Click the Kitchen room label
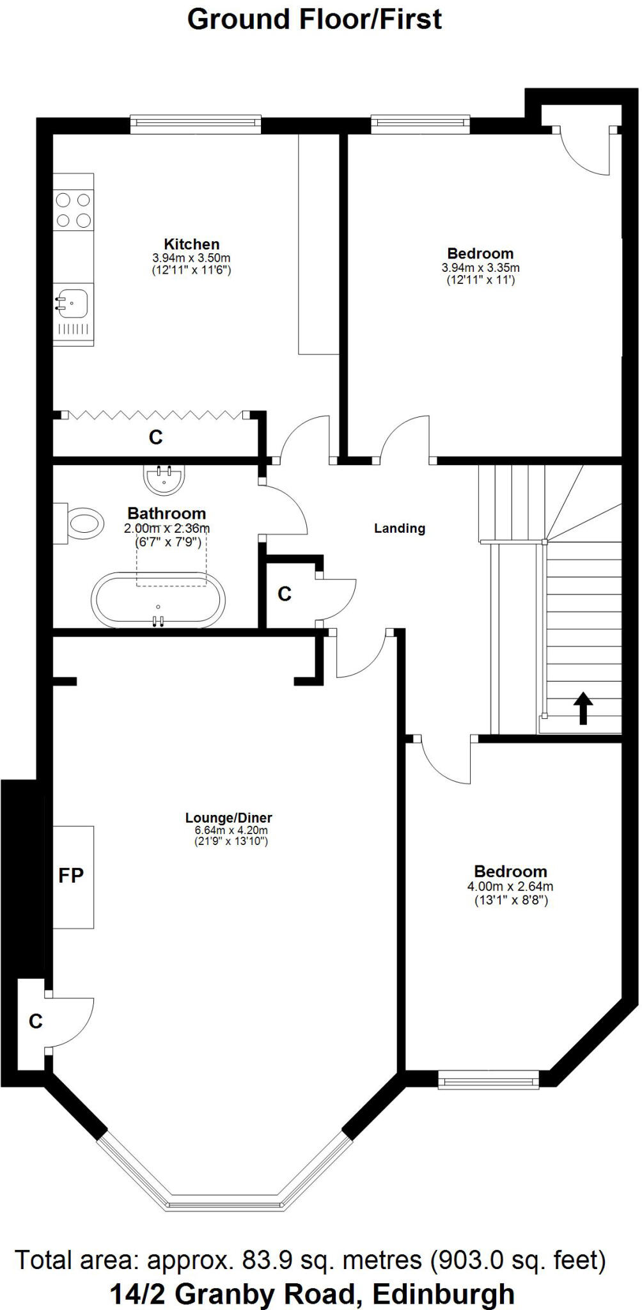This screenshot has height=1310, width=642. (x=192, y=244)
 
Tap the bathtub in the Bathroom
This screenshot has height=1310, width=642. (x=159, y=598)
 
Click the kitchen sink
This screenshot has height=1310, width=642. (x=72, y=300)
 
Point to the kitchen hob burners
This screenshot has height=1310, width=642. (x=73, y=210)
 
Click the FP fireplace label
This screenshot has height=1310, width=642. (x=71, y=876)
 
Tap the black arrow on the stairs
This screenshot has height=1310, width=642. (x=583, y=709)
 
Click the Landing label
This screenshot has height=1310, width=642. (x=400, y=528)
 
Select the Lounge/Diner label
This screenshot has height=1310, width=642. (x=229, y=817)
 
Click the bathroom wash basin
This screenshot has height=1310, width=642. (x=164, y=478)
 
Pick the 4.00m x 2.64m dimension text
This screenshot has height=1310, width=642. (x=510, y=887)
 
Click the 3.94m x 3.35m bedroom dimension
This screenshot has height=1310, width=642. (x=480, y=267)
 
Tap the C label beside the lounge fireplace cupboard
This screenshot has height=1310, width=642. (x=36, y=1022)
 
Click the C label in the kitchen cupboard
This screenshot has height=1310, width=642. (x=155, y=437)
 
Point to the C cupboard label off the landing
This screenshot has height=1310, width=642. (x=285, y=594)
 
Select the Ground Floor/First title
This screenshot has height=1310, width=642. (x=314, y=19)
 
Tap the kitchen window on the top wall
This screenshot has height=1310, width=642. (x=196, y=123)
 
